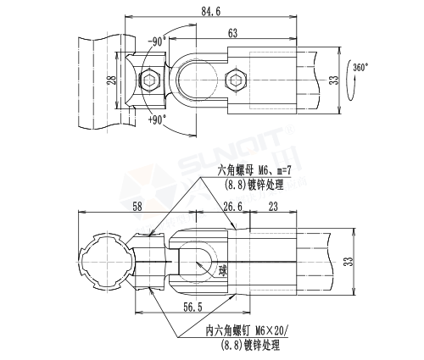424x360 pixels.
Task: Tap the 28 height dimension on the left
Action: (x=111, y=81)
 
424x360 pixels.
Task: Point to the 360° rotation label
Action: (x=360, y=67)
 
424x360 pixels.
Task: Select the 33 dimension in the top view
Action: (x=333, y=81)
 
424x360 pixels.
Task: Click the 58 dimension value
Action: (x=136, y=207)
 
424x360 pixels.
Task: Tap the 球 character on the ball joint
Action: (x=222, y=270)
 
